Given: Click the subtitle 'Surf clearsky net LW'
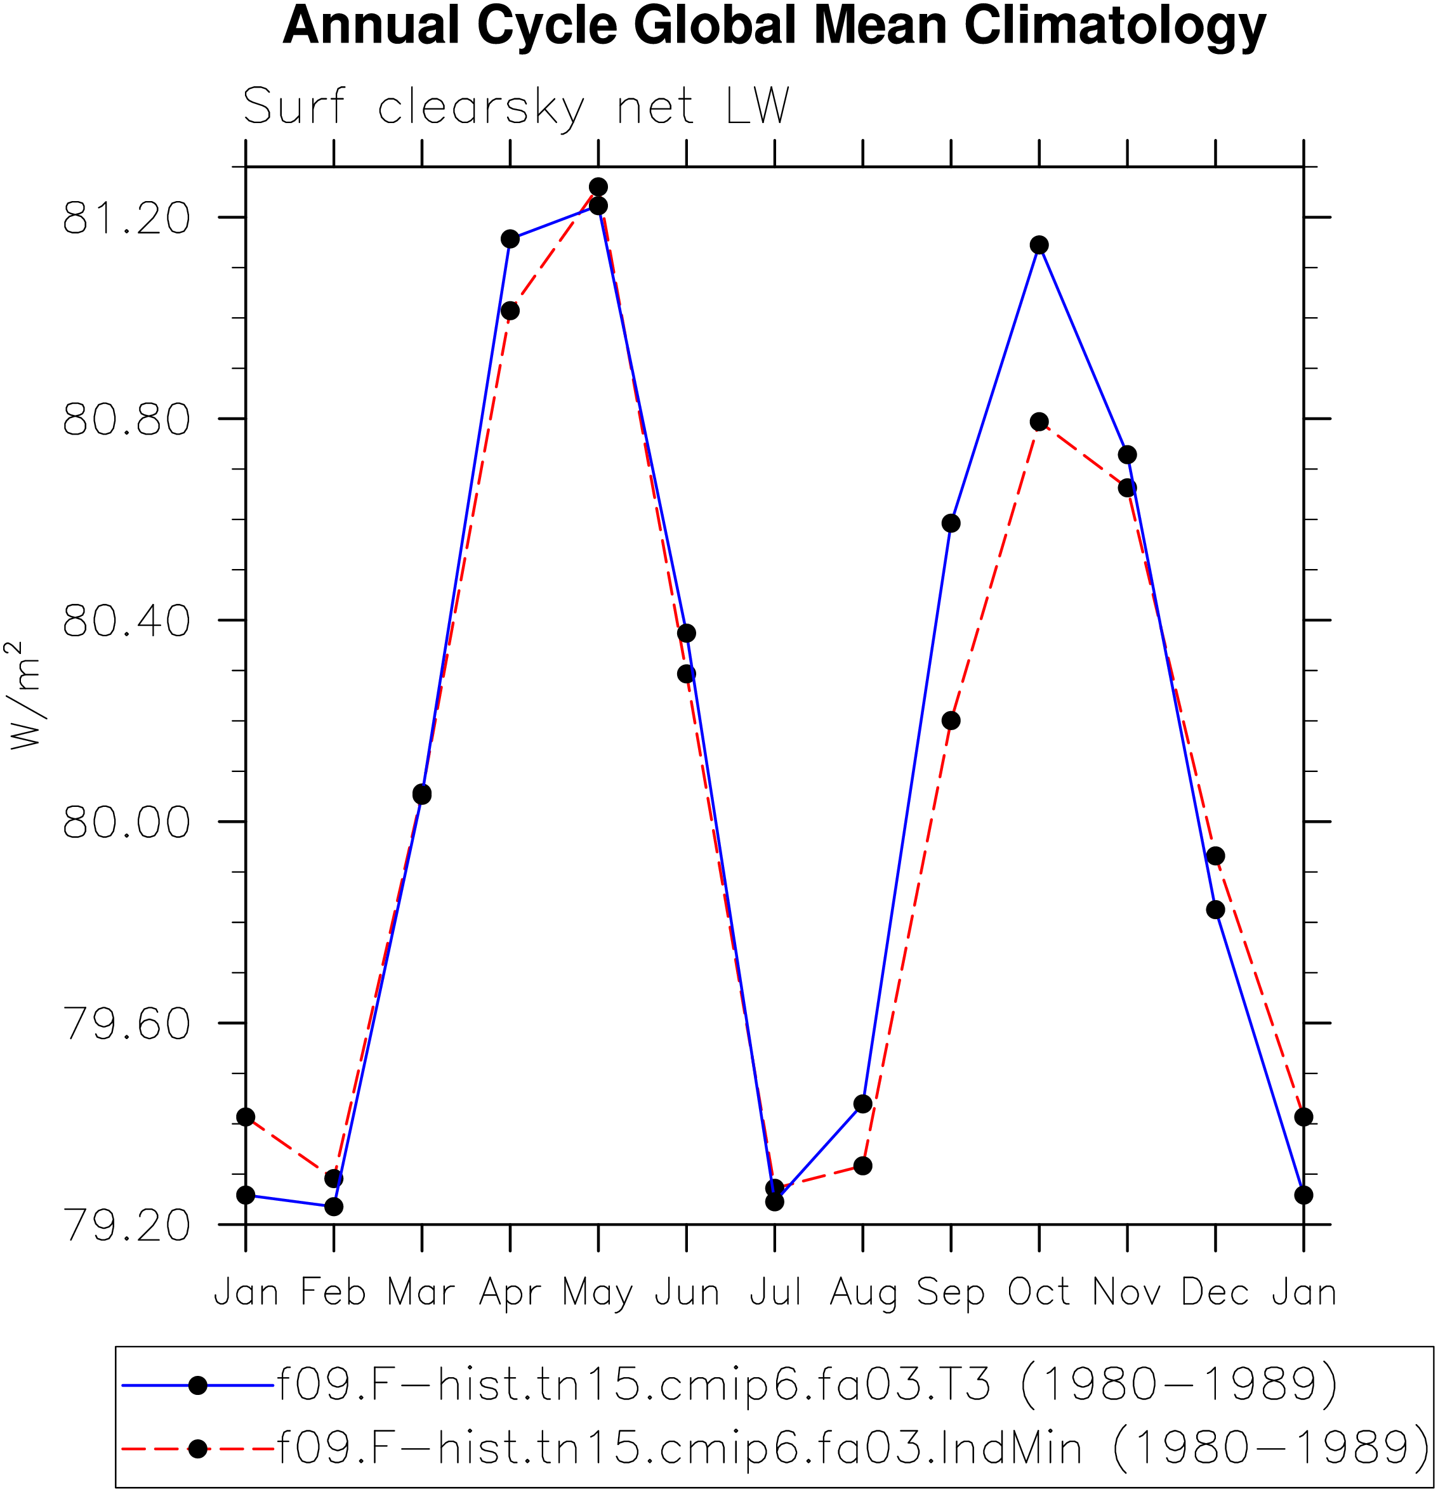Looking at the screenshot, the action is [x=517, y=107].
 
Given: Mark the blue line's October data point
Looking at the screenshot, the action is [x=1039, y=245].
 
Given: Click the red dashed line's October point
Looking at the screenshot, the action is [x=1039, y=422].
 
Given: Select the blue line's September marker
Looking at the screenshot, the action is [x=951, y=523].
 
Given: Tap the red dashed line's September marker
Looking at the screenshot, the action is [x=951, y=720].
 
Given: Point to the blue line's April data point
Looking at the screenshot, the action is [x=510, y=239].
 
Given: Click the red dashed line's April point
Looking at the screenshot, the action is [x=510, y=311].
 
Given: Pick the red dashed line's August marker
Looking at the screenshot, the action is [x=863, y=1165].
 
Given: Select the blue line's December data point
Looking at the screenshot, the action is [x=1216, y=910].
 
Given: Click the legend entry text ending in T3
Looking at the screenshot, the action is [x=807, y=1385].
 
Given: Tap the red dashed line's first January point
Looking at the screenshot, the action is [x=245, y=1116].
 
